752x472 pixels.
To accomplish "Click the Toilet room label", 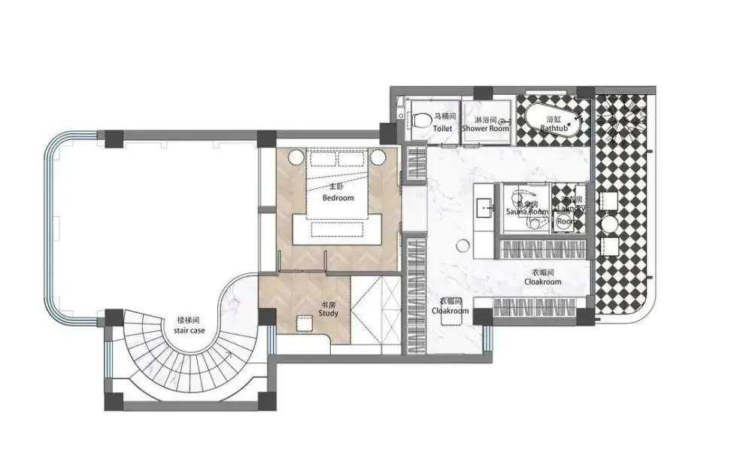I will click(x=443, y=129).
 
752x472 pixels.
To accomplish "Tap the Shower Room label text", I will click(x=485, y=129).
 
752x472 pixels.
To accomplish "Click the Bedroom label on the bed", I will click(x=338, y=197).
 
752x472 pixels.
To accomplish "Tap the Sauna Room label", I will click(x=526, y=212).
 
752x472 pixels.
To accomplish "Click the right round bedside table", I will click(x=378, y=157).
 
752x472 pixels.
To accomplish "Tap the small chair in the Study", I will click(x=304, y=324).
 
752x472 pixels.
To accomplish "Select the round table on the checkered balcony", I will click(x=609, y=224).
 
